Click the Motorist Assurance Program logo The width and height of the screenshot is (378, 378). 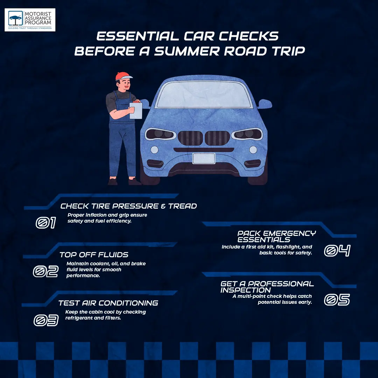pos(30,20)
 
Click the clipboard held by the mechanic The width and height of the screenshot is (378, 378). pos(136,110)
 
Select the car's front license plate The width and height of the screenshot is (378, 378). pos(204,159)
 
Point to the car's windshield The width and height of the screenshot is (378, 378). pos(204,95)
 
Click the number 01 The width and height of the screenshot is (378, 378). pos(46,223)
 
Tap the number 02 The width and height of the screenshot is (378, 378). pos(45,271)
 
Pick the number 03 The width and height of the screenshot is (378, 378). pos(46,320)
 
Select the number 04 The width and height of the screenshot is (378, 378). pos(337,251)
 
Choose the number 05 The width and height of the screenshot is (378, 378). pos(337,300)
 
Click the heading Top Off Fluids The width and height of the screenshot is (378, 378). pos(94,255)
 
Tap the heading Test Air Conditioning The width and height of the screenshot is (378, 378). pos(108,303)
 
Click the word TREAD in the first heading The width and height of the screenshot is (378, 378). pos(182,206)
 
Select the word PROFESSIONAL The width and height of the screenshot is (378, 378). pos(281,284)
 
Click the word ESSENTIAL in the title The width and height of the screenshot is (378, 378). pos(138,36)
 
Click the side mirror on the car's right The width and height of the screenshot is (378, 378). pos(265,104)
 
